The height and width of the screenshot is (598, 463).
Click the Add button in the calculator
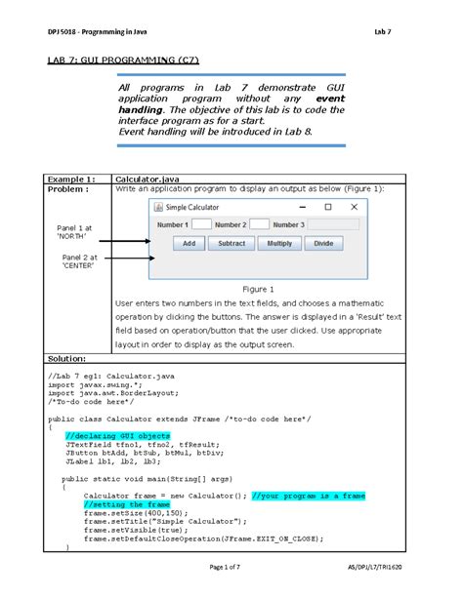(x=189, y=244)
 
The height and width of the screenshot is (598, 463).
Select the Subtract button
(x=231, y=244)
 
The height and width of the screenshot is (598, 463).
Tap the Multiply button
(x=278, y=244)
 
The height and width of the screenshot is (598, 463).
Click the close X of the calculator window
(x=354, y=208)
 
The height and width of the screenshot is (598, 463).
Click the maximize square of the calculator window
(x=328, y=208)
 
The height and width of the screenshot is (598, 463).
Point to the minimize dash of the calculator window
(x=302, y=208)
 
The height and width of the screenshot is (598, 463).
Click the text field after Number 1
(x=203, y=224)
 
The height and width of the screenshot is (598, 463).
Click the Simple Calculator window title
(x=192, y=208)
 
